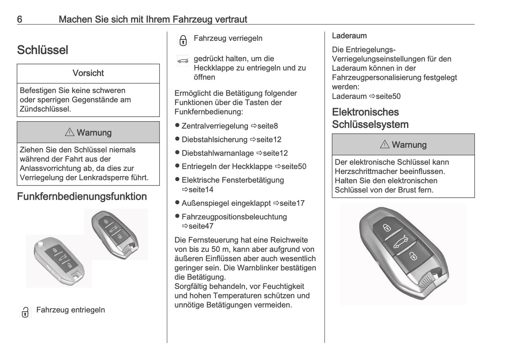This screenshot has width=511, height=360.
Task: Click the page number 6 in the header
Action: coord(20,19)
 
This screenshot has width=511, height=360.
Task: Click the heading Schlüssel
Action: coord(42,50)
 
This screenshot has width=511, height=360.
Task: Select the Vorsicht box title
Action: coord(88,73)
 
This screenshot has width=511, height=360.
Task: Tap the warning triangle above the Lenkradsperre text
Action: coord(69,132)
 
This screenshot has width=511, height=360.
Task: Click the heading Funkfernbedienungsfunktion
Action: coord(82,197)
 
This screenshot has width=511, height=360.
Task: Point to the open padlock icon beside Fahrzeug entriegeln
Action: coord(25,312)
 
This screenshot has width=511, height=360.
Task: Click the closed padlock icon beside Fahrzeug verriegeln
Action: coord(183,40)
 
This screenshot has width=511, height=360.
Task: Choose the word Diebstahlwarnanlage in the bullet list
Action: coord(217,153)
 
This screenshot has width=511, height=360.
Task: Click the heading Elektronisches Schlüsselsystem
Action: coord(370,118)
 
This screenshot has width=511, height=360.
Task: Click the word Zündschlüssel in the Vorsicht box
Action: coord(45,109)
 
